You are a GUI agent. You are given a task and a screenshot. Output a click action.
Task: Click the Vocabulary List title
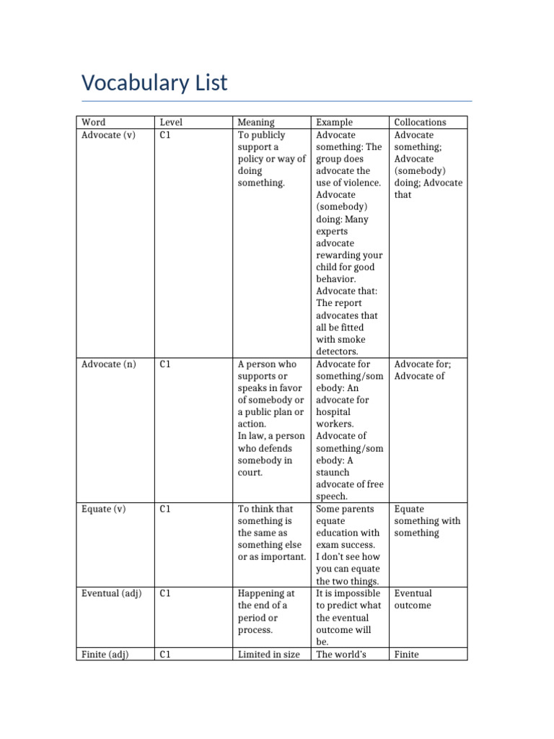pos(154,83)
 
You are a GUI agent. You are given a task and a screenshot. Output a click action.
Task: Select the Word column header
pos(93,123)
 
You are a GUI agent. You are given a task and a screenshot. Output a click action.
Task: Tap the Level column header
pos(171,123)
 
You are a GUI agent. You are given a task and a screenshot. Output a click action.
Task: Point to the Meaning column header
pos(256,123)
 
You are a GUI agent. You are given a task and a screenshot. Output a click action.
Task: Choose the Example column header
pos(335,123)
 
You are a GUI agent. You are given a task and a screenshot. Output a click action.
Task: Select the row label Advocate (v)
pos(108,135)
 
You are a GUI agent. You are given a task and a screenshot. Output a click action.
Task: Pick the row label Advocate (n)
pos(108,364)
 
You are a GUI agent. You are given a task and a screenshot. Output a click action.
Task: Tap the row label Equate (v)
pos(103,509)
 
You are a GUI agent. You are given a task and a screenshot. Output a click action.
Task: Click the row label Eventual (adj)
pos(111,593)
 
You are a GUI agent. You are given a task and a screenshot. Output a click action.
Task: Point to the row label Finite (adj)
pos(105,654)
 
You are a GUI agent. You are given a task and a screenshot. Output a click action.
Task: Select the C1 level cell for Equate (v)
pos(165,509)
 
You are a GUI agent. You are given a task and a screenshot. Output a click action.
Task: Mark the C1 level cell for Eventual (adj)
pos(165,593)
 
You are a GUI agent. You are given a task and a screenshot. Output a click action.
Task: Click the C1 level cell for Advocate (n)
pos(165,364)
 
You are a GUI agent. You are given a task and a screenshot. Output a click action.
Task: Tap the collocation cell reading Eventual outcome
pos(413,599)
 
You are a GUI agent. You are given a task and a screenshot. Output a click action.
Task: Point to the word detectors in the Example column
pos(337,351)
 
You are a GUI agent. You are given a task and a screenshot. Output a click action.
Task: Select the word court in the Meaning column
pos(250,473)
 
